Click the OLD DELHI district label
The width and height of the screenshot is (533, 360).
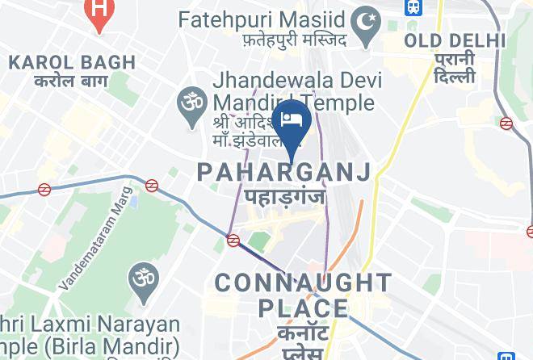coord(455,40)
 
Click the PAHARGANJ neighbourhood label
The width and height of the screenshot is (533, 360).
coord(284,171)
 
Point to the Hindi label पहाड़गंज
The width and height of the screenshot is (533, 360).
coord(283,196)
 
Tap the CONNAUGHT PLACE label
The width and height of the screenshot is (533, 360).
coord(303,295)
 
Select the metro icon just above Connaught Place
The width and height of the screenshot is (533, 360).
coord(233,240)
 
